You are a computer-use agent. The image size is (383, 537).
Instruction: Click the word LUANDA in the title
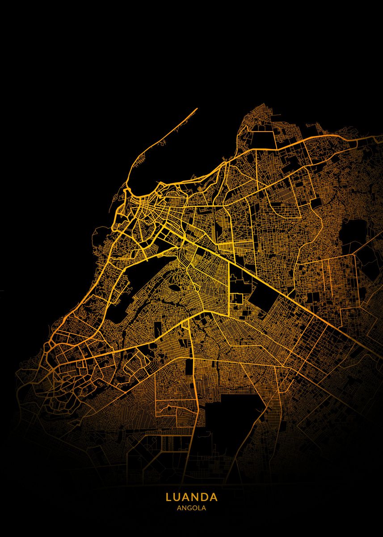[191, 497]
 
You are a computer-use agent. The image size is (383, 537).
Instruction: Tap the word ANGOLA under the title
[191, 508]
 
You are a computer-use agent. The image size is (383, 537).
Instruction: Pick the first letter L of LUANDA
[169, 497]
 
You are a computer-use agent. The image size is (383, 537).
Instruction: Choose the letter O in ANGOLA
[194, 508]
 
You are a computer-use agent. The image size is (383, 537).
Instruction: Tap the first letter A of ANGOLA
[179, 508]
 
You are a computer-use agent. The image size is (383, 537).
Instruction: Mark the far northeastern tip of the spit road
[197, 108]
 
